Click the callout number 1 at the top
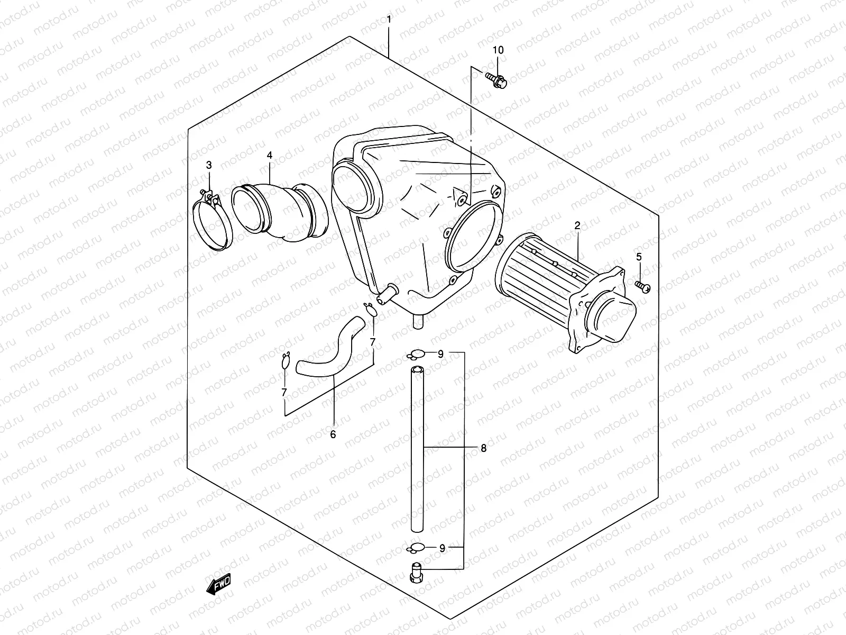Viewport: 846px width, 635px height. point(389,20)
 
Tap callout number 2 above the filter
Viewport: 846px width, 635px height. point(577,226)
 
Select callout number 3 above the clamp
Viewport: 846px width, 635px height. point(209,165)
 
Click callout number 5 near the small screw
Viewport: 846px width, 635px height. point(639,257)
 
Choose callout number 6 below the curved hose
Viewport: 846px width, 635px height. point(333,434)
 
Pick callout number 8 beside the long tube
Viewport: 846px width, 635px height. point(483,449)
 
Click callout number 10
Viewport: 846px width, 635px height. point(498,50)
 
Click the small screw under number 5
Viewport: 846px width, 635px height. point(643,286)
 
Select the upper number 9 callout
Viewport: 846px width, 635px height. point(440,355)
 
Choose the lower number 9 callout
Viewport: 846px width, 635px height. point(442,548)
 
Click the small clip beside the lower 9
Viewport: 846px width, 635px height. point(416,547)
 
